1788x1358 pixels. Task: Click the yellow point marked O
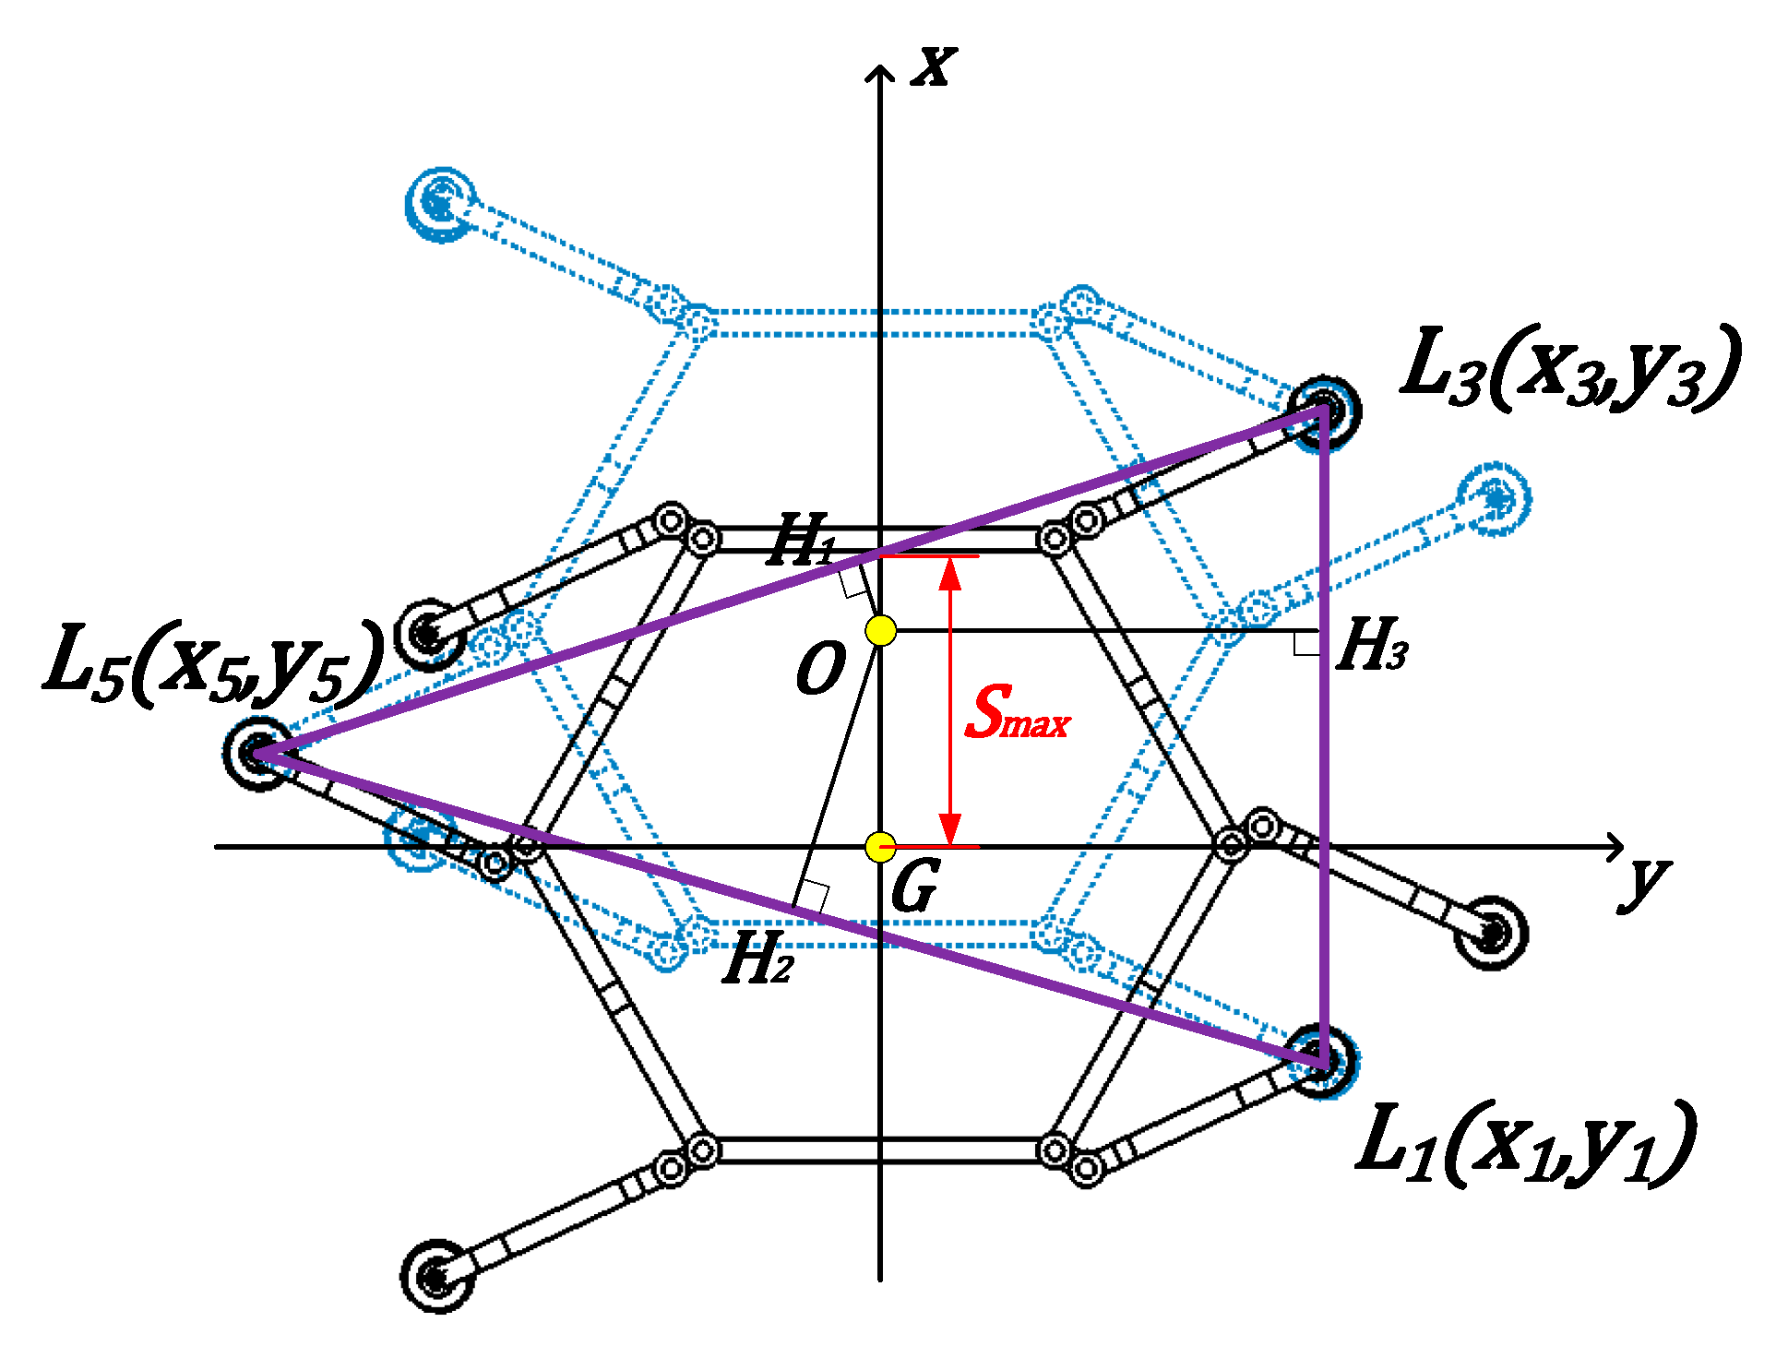coord(880,631)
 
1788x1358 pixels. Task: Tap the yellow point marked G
coord(880,846)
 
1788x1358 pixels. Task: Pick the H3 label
coord(1372,645)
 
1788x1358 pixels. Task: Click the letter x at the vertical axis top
coord(934,66)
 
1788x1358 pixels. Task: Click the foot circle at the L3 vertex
coord(1324,411)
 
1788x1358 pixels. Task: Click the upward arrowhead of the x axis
coord(880,72)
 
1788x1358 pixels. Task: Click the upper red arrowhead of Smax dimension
coord(950,572)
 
